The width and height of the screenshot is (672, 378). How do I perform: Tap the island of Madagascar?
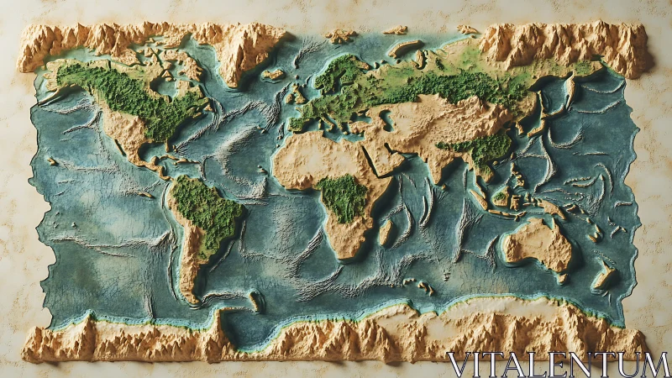point(385,231)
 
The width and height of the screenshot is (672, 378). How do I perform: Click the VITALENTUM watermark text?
point(558,364)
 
